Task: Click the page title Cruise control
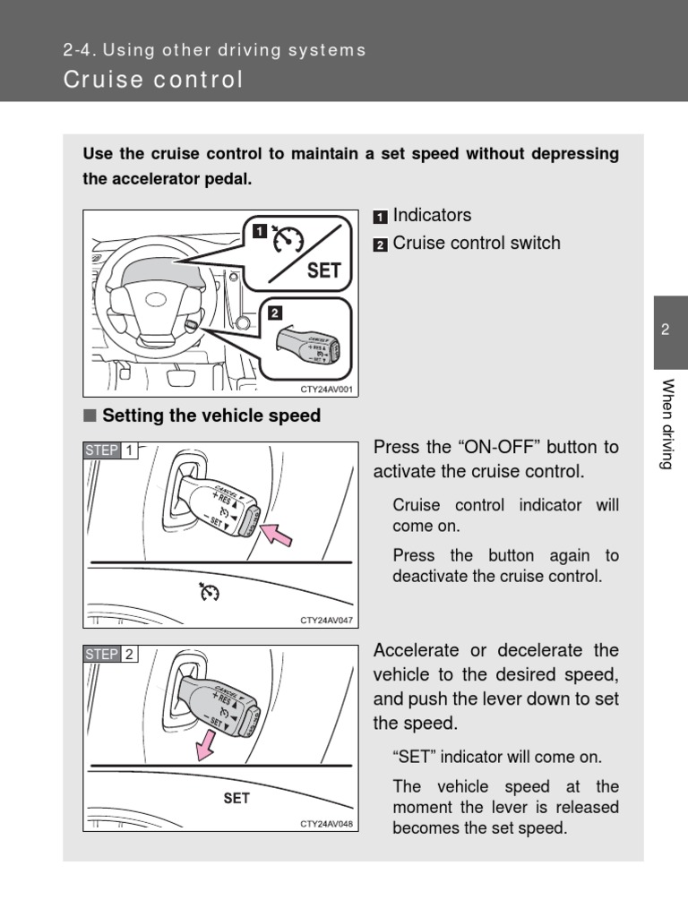[153, 80]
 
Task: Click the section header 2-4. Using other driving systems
[214, 50]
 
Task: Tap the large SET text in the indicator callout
[323, 270]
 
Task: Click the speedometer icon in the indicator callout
[289, 240]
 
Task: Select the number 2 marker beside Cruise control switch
[381, 244]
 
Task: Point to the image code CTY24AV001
[327, 389]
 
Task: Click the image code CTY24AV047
[327, 620]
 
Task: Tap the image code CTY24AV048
[327, 824]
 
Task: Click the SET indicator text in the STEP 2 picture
[236, 798]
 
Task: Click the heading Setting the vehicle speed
[211, 416]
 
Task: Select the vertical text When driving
[667, 424]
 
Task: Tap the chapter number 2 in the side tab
[666, 330]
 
